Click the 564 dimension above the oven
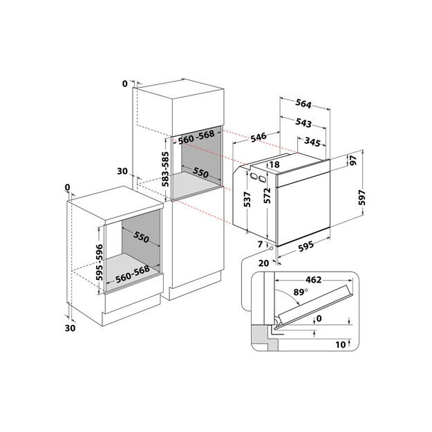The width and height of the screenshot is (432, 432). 303,104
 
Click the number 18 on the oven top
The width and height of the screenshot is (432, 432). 274,165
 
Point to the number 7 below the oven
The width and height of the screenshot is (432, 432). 261,245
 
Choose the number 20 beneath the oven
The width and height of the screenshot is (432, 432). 263,263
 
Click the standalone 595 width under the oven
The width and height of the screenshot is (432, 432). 306,245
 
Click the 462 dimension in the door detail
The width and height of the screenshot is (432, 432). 314,281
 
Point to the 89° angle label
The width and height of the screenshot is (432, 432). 299,293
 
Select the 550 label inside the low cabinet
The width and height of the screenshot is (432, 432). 142,238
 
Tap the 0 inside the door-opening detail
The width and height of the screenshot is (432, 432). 319,319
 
